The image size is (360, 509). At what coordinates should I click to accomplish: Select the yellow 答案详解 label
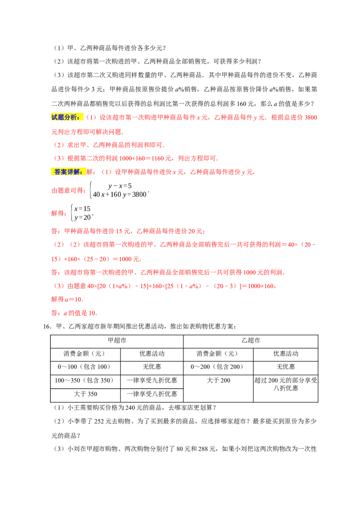(x=68, y=172)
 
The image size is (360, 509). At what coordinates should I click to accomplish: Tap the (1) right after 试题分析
(x=92, y=117)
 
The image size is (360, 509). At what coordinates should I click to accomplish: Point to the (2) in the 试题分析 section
(x=59, y=145)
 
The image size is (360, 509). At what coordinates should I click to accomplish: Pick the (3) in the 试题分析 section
(x=59, y=158)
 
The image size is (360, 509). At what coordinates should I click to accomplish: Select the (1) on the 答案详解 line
(x=106, y=172)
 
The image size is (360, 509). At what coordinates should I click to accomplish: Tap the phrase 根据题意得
(x=68, y=191)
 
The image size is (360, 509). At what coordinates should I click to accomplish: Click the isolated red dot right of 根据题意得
(x=149, y=192)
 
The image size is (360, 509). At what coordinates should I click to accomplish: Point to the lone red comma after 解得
(x=92, y=215)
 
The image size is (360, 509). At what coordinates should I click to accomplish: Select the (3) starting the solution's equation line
(x=59, y=286)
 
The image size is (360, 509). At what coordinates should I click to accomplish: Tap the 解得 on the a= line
(x=57, y=299)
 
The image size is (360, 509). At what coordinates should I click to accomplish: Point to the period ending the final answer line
(x=95, y=313)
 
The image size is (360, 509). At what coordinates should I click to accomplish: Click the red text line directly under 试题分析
(x=88, y=133)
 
